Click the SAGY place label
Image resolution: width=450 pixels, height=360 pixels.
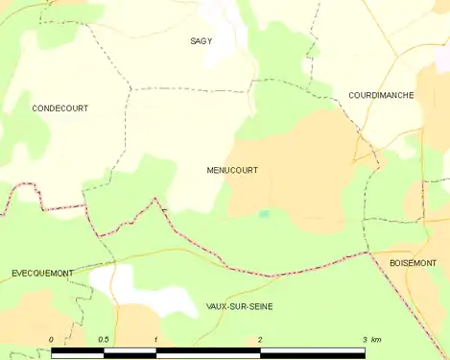201,41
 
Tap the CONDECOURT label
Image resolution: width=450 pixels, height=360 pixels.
59,108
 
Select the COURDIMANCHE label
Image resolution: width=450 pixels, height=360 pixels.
381,96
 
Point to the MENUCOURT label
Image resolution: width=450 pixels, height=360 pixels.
231,170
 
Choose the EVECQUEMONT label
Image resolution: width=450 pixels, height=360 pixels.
42,274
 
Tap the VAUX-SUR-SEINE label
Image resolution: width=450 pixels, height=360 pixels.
239,306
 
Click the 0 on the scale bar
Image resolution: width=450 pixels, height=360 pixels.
51,341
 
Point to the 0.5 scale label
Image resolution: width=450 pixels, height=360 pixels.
103,341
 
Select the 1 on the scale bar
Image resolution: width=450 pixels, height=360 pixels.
155,341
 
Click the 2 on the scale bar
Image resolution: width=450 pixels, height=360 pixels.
260,341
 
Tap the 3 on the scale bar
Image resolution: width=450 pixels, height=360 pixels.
365,341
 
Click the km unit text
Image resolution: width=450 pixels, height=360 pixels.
376,341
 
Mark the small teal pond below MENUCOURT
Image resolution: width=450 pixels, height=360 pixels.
264,213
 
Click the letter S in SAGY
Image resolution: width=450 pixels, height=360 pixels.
192,41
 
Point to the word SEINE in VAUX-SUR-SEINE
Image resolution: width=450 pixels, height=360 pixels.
259,306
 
